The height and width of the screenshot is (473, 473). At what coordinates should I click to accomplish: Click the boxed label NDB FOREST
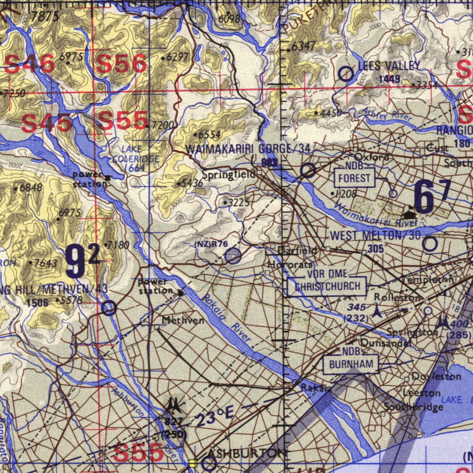[354, 177]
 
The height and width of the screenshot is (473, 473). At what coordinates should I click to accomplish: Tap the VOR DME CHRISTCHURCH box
[327, 286]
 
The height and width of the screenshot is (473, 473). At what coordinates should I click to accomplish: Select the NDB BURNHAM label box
[351, 364]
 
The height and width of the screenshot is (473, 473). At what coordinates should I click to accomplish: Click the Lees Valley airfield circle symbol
[346, 73]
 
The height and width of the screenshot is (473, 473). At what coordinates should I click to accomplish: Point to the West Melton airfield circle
[430, 244]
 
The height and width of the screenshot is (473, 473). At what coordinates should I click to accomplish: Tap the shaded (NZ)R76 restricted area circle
[233, 255]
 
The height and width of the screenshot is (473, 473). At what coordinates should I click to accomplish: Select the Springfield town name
[228, 175]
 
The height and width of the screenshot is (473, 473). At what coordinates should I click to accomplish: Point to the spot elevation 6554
[209, 134]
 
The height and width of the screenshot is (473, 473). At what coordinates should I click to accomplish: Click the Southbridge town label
[413, 407]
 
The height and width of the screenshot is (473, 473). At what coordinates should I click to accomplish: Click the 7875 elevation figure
[45, 17]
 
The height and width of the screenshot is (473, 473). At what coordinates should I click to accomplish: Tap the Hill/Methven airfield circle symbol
[109, 308]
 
